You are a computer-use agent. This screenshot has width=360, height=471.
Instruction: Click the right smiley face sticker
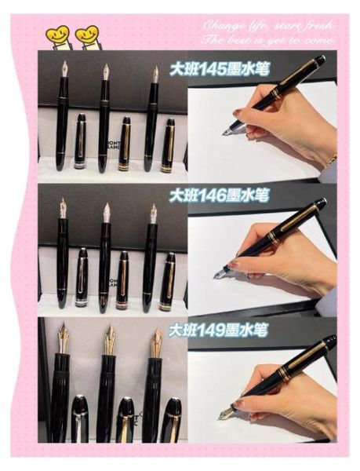click(87, 34)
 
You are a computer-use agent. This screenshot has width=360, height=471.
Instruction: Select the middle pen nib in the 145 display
click(106, 71)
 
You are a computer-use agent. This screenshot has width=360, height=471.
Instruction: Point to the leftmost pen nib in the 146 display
click(63, 208)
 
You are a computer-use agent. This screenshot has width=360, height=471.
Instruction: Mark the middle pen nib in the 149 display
click(110, 338)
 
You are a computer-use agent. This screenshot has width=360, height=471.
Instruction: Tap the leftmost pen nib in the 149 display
click(63, 339)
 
